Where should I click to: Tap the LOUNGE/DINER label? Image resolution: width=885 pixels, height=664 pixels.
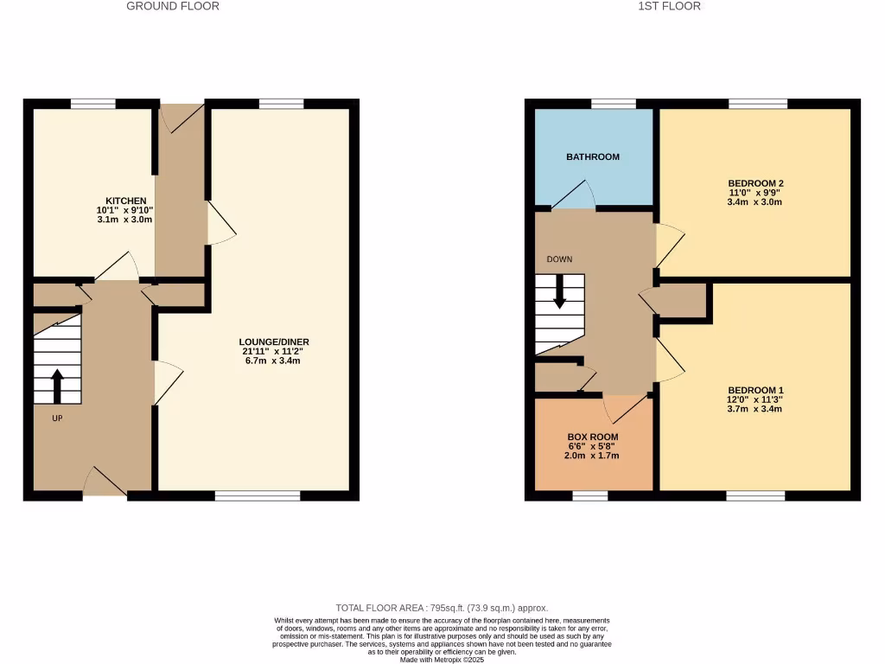click(x=276, y=342)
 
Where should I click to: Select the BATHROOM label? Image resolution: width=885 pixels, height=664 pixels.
click(x=593, y=157)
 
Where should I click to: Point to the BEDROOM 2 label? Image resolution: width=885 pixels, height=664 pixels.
click(x=755, y=183)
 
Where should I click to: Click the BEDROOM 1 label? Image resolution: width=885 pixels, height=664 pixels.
click(x=755, y=390)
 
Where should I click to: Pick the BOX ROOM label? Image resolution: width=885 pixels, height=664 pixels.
click(x=593, y=437)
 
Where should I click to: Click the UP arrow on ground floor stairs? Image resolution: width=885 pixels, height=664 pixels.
click(x=58, y=386)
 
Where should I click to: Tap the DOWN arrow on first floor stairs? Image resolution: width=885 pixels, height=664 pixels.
click(x=559, y=291)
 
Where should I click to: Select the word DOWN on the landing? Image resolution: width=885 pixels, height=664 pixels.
click(x=559, y=259)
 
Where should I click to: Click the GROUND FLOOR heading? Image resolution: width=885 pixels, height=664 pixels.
click(x=173, y=6)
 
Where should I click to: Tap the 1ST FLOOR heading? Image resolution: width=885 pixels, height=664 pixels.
click(x=669, y=6)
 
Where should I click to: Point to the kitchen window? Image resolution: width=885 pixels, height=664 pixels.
click(x=93, y=104)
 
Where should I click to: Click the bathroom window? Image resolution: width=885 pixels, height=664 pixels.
click(x=614, y=104)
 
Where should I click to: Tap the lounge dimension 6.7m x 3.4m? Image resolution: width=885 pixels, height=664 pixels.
click(x=276, y=361)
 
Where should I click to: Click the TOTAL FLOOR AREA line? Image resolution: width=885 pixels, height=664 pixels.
click(x=442, y=609)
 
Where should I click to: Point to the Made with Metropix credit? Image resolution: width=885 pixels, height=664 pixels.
click(x=442, y=660)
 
